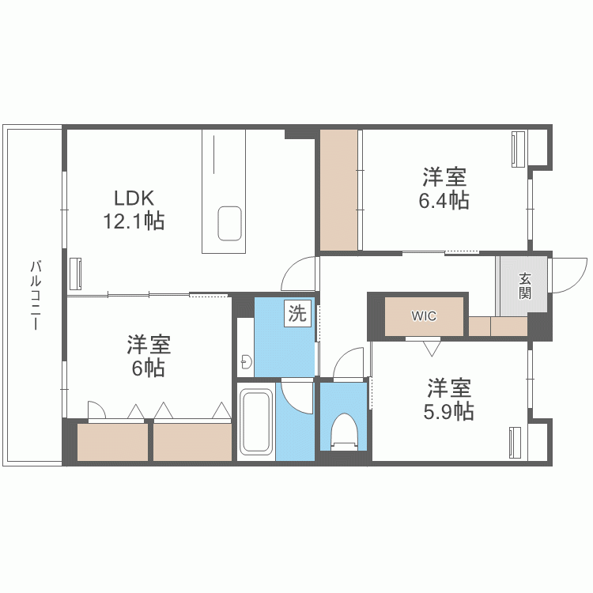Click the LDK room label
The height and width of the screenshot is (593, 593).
132,197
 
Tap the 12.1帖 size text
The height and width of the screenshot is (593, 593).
132,221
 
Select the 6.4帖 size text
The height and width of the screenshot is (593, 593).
444,200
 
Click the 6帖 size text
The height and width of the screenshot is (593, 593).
148,368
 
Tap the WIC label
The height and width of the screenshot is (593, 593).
424,316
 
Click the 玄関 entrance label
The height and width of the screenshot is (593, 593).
525,285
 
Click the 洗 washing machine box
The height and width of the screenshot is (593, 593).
296,314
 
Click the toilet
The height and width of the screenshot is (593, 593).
345,432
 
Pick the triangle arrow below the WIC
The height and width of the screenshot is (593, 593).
431,346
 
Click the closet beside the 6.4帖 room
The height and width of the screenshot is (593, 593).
340,190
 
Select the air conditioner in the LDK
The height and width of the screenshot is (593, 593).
76,274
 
